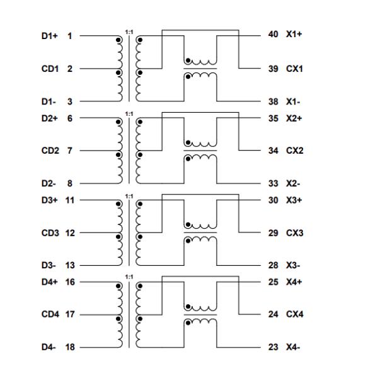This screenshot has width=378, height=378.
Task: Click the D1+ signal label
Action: (x=50, y=36)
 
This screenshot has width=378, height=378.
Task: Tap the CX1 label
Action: (x=294, y=69)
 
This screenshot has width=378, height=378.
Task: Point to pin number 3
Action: (x=69, y=101)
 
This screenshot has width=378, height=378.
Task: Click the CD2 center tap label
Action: (x=50, y=151)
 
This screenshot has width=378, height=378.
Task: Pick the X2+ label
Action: (x=294, y=118)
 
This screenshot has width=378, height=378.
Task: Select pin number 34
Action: (x=273, y=151)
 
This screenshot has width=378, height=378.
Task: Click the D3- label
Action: (x=49, y=265)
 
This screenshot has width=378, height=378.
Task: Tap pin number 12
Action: (x=69, y=233)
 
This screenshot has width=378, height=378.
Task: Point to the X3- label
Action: (x=293, y=265)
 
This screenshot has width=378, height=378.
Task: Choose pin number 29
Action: (x=273, y=233)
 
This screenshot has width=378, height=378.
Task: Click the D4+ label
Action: (x=50, y=282)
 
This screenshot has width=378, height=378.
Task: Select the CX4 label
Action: (x=294, y=314)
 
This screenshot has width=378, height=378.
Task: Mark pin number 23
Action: (x=273, y=347)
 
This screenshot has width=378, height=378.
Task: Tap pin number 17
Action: (x=69, y=314)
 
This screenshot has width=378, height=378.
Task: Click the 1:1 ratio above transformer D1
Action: (x=129, y=31)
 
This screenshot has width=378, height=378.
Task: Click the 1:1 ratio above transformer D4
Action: (x=129, y=277)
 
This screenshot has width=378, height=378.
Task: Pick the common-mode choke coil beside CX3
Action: (x=200, y=233)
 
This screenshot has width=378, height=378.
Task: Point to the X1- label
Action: (x=293, y=101)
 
